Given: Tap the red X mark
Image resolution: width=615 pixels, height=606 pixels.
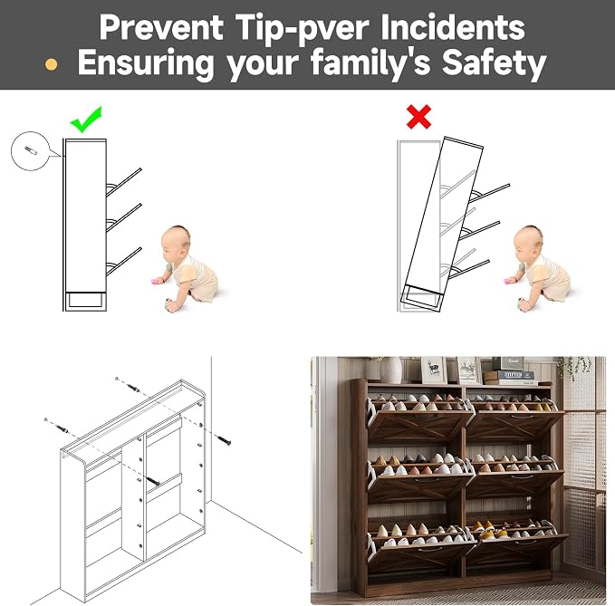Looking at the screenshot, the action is click(418, 117).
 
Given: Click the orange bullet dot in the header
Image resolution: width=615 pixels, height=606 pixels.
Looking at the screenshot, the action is click(51, 64).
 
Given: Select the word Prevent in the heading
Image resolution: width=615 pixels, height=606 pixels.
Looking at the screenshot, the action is click(161, 27).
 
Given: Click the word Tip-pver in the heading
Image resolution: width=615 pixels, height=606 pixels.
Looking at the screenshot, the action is click(303, 28).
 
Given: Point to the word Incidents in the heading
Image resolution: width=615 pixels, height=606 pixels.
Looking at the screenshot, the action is click(453, 26).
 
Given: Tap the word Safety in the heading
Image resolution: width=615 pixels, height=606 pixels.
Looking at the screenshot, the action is click(495, 63).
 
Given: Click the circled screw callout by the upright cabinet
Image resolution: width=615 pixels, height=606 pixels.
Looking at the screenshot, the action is click(30, 150).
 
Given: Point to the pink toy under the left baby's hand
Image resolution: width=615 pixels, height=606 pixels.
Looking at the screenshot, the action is click(155, 281).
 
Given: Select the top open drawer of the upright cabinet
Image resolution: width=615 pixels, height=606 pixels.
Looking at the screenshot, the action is click(123, 182).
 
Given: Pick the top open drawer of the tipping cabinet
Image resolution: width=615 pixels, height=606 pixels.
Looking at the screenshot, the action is click(490, 193).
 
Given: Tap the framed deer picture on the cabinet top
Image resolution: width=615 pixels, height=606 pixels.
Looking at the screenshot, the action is click(434, 370).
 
